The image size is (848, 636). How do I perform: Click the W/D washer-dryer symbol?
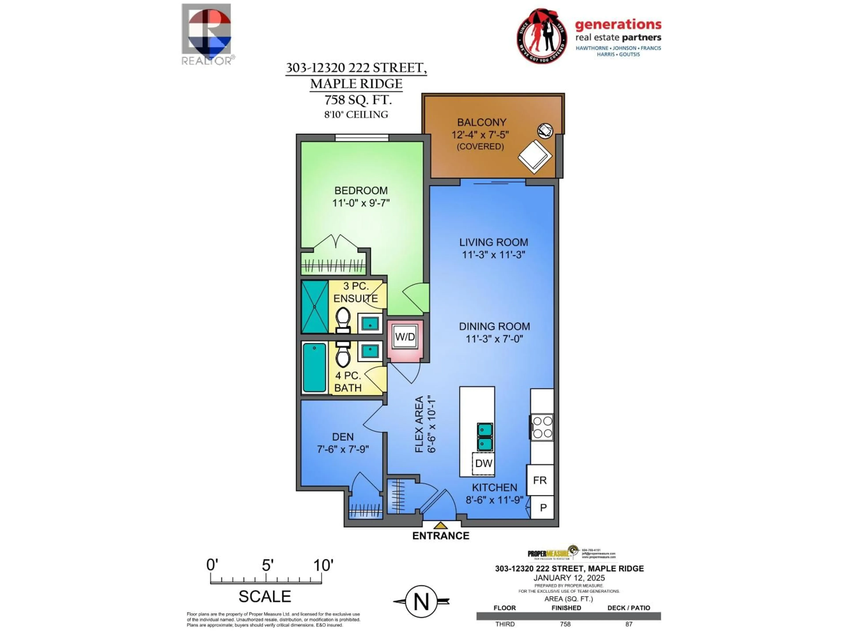405,337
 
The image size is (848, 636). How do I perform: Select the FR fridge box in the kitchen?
540,480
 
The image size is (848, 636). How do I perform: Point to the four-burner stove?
542,427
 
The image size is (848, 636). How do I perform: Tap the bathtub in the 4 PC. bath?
314,367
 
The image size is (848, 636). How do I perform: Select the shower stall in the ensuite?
315,307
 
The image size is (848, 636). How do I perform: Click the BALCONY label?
481,122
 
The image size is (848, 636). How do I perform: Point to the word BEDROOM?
361,191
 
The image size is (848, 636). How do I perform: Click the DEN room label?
343,437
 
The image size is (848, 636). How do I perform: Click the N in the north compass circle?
421,602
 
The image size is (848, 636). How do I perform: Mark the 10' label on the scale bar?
323,565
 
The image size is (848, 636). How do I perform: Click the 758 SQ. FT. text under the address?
358,100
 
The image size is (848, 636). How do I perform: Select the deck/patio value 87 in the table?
629,624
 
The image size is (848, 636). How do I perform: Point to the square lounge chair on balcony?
535,156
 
